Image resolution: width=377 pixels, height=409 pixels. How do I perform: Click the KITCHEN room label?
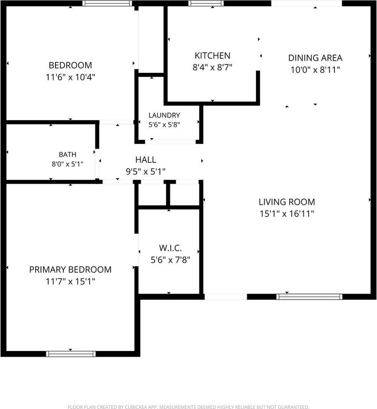pos(213,55)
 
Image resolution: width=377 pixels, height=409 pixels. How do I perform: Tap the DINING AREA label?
pos(315,58)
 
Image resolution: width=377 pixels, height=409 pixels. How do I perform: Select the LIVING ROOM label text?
pos(287,202)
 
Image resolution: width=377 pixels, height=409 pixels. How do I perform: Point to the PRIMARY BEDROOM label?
pos(70,269)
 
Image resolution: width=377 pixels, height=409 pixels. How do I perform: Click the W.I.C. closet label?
pos(170,248)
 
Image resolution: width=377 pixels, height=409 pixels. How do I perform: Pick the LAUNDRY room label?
pos(164,115)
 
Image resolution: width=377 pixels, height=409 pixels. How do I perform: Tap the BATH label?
pos(68,154)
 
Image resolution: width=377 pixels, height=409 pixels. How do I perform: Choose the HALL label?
pos(146,160)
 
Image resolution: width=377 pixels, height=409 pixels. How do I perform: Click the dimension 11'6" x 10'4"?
pos(70,77)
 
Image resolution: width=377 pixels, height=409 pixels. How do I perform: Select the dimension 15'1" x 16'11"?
pos(287,214)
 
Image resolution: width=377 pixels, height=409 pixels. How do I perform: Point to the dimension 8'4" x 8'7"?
pos(213,68)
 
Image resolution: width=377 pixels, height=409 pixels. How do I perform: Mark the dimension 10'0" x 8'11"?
pos(315,70)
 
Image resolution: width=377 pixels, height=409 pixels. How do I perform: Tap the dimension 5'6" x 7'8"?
pos(170,260)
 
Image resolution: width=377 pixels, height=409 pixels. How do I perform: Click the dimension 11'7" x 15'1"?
pos(70,282)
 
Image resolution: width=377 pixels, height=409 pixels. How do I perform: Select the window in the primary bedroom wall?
pos(71,354)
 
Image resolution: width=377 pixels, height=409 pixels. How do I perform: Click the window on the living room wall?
pos(309,297)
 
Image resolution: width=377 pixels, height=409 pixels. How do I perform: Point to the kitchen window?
pos(206,3)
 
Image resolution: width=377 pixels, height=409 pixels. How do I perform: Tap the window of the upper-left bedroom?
pos(107,3)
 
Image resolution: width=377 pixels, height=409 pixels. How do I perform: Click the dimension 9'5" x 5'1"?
pos(146,172)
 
